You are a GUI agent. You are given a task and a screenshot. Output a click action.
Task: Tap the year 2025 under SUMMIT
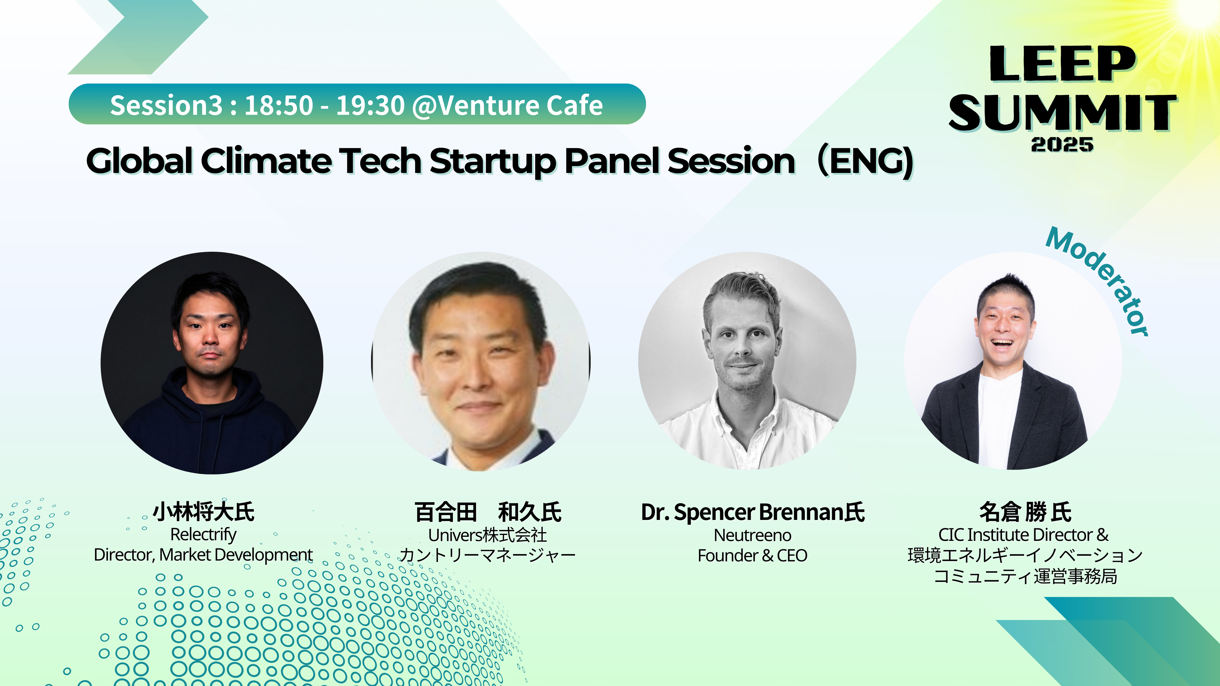click(x=1062, y=144)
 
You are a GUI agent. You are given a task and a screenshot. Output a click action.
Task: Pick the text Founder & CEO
click(x=753, y=555)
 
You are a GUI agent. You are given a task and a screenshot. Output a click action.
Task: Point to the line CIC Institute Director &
click(x=1024, y=535)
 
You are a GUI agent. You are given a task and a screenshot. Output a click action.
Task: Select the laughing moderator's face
click(x=1004, y=331)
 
